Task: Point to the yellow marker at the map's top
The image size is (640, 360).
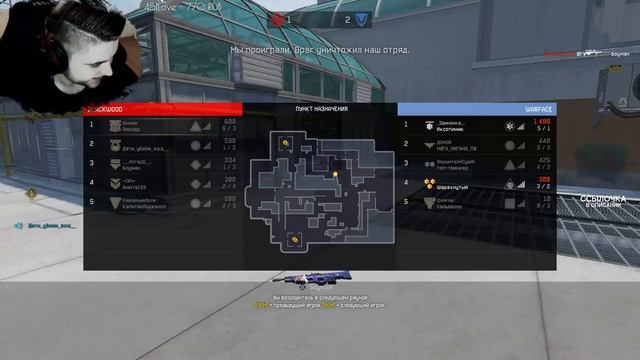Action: pos(286,143)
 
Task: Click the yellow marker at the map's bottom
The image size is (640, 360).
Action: pos(294,239)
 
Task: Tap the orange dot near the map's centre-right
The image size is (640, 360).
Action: pos(336,174)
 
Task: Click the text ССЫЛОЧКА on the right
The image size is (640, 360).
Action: pos(604,199)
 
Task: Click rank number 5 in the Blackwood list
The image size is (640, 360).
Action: pos(92,202)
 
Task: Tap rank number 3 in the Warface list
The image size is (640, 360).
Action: pos(406,163)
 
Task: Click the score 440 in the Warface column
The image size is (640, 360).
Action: pos(543,141)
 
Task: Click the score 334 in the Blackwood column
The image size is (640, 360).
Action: pos(229,160)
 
